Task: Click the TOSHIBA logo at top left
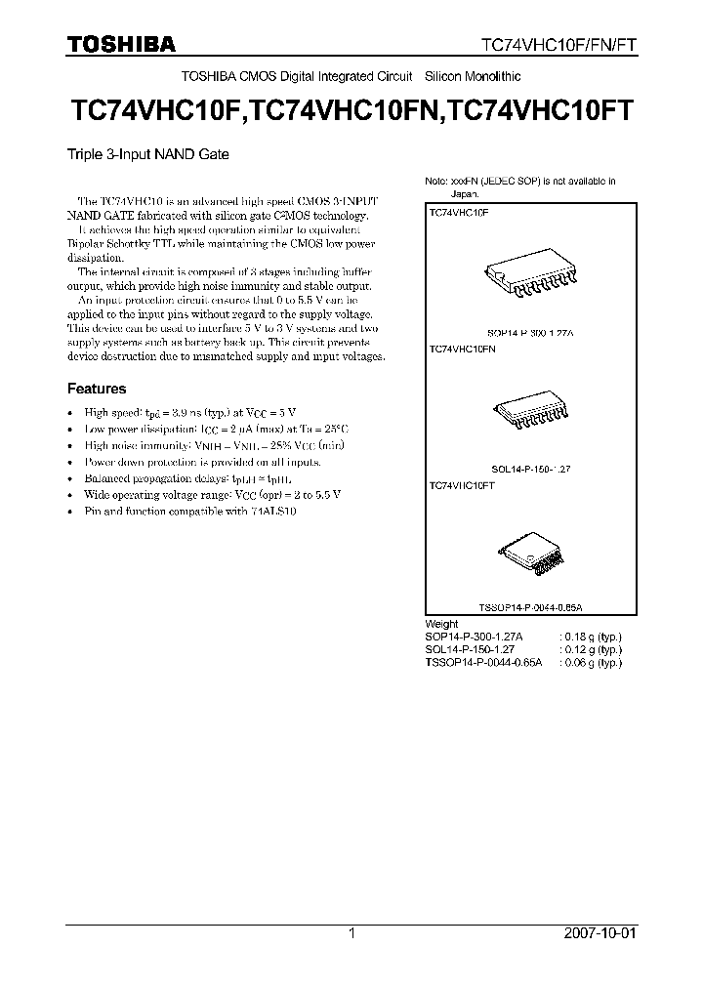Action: click(x=121, y=44)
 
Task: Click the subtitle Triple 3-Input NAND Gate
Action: click(x=147, y=153)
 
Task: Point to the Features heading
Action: click(x=97, y=389)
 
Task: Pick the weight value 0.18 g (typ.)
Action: click(x=591, y=637)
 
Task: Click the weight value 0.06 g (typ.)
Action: click(x=591, y=662)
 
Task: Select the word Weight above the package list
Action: click(x=441, y=624)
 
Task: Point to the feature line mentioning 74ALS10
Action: click(x=190, y=513)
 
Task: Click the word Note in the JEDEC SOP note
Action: click(x=434, y=182)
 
